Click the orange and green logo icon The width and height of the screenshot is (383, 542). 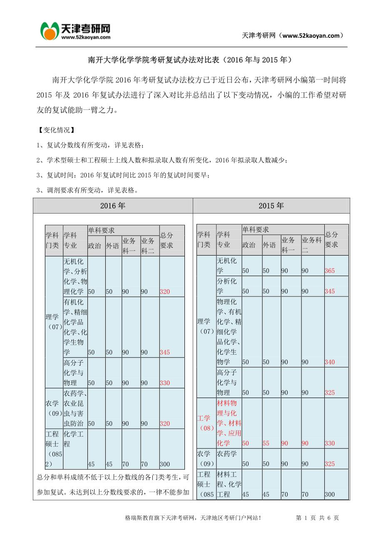coord(49,31)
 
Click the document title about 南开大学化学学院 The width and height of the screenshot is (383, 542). coord(191,60)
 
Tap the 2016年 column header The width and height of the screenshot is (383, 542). coord(112,206)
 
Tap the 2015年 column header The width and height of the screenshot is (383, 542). coord(271,206)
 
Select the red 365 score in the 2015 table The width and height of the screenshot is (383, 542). coord(329,271)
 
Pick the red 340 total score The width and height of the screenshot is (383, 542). coord(329,362)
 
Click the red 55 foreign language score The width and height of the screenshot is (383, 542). coord(266,443)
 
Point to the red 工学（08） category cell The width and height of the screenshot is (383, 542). coord(205,423)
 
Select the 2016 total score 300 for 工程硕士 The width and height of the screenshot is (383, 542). coord(165,464)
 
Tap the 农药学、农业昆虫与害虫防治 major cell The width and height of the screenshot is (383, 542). coord(75,408)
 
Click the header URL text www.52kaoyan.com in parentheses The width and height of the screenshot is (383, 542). coord(311,35)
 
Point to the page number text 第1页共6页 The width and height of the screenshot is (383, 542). coord(317,518)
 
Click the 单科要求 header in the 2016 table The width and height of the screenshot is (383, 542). coord(101,230)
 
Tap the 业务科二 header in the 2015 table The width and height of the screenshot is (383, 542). coord(312,244)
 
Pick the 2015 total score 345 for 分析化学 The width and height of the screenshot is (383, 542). coord(329,291)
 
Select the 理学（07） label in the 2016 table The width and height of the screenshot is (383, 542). coord(54,322)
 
